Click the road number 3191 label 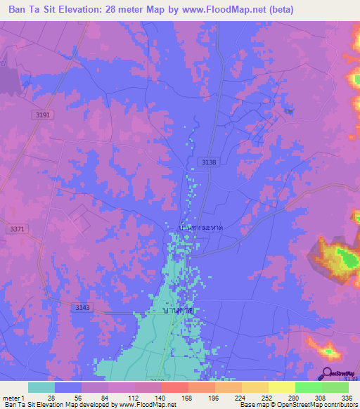43,115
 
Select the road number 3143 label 83,307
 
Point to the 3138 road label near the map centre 209,162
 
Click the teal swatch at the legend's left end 41,387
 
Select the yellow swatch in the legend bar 281,387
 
